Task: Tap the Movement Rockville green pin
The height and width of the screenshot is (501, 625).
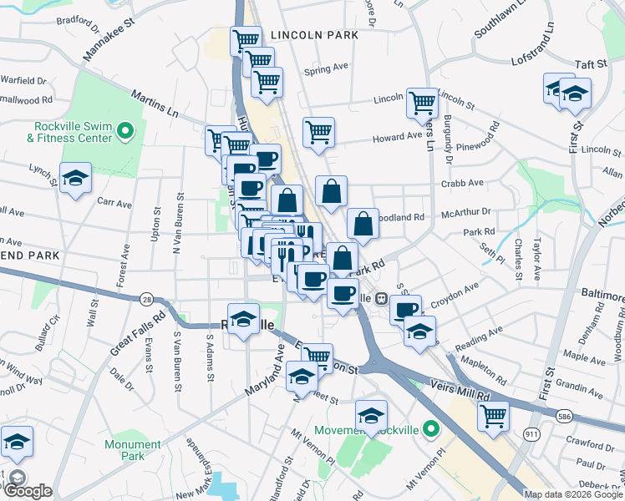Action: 430,430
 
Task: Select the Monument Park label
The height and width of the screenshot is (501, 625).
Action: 133,450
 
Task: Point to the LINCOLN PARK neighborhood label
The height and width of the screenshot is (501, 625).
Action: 314,35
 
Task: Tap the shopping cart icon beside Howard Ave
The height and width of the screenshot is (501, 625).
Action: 318,133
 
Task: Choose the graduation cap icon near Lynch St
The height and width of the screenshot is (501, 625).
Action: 76,178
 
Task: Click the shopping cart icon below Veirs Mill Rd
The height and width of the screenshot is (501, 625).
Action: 494,414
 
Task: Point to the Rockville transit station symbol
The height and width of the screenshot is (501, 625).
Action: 380,297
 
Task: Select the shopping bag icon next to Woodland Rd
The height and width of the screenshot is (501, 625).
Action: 363,224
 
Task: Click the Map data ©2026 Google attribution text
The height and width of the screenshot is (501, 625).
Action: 572,494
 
